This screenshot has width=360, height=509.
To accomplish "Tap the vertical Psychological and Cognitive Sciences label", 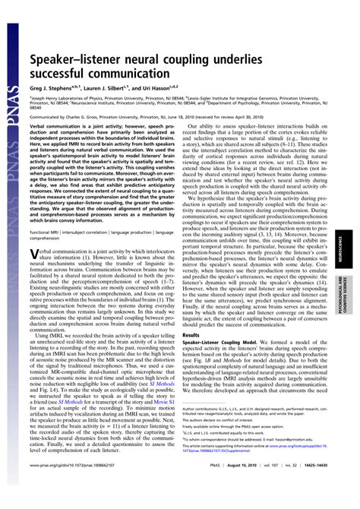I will (x=349, y=296).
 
